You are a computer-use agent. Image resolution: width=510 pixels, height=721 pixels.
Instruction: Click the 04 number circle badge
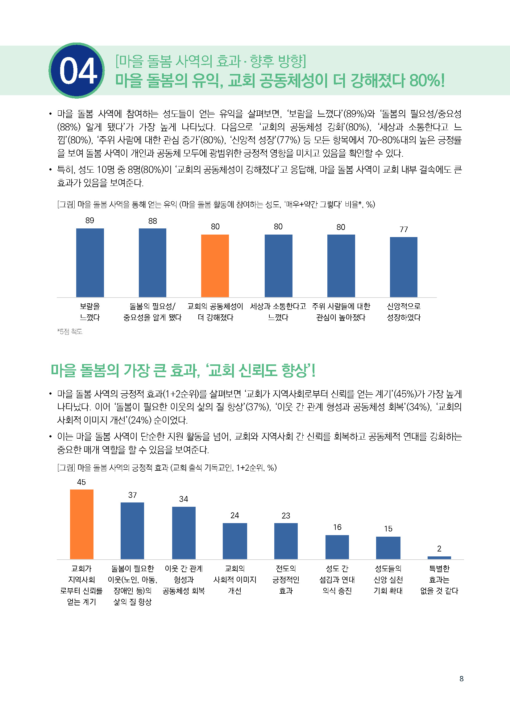point(77,71)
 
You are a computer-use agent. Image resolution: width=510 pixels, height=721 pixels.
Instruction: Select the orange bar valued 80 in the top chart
point(215,266)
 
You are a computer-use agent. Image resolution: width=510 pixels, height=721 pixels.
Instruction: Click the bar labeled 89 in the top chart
point(90,263)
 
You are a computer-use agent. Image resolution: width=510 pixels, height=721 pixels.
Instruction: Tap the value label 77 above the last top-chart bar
point(404,229)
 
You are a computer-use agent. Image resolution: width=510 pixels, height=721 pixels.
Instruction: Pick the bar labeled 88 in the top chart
point(152,263)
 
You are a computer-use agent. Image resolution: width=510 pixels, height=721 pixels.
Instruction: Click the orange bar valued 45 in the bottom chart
point(82,524)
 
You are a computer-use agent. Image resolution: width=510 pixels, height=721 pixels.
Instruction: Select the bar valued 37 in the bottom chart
point(132,531)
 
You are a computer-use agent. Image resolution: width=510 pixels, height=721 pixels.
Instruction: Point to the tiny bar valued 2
point(439,558)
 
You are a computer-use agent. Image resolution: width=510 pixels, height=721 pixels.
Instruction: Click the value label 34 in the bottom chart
point(184,499)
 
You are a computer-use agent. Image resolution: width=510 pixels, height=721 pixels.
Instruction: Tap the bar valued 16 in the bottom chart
point(337,547)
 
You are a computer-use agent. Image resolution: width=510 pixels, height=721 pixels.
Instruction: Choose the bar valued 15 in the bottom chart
point(388,548)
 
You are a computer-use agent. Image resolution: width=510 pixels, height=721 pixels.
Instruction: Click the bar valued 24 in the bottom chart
point(235,541)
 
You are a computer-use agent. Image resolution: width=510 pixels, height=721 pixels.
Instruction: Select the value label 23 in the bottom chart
point(286,516)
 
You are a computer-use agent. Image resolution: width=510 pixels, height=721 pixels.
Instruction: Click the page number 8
point(461,678)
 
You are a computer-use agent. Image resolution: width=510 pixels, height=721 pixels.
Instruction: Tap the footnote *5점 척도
point(70,332)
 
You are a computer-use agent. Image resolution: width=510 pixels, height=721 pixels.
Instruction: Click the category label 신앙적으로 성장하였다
point(404,312)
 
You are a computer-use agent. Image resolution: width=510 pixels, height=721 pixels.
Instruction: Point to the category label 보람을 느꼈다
point(90,312)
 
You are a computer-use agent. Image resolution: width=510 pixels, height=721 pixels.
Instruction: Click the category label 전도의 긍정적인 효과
point(286,580)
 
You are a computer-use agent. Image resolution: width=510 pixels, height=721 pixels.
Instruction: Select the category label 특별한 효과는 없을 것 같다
point(439,580)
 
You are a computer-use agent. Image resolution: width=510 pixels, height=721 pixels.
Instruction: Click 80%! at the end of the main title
point(427,81)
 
